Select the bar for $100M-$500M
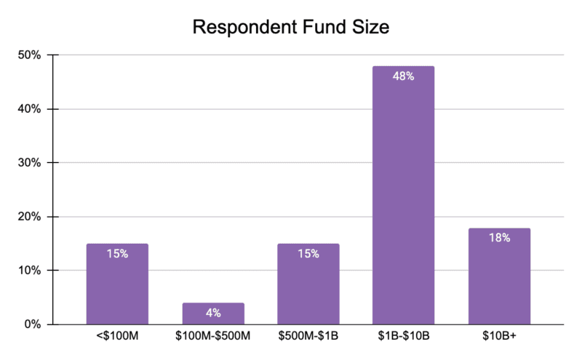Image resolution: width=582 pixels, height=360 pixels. (213, 313)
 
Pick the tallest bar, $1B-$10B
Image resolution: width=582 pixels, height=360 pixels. (403, 196)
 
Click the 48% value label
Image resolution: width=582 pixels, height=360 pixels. (403, 76)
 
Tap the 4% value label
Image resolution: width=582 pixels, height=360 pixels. (213, 313)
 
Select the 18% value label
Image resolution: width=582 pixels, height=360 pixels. (499, 238)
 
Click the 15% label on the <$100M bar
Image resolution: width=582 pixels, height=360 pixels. (117, 254)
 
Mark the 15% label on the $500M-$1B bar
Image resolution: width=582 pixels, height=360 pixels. (308, 254)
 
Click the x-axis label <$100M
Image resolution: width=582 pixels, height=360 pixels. (117, 339)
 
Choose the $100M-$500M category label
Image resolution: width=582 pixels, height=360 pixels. (213, 339)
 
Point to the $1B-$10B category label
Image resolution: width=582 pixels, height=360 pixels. (403, 339)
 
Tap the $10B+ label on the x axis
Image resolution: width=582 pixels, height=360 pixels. (499, 339)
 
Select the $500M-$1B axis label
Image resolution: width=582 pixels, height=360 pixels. (308, 339)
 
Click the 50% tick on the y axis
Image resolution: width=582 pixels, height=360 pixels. (32, 55)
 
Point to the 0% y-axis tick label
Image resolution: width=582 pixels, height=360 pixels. (35, 324)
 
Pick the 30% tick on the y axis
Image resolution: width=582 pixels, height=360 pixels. (32, 163)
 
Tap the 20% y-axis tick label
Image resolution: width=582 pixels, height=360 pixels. (32, 217)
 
